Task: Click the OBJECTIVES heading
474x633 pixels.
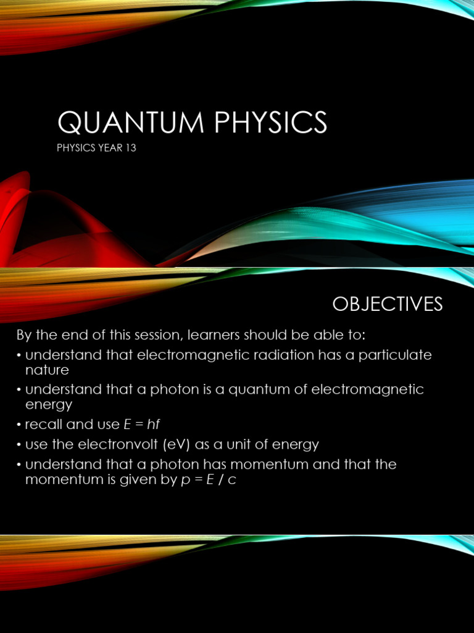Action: pyautogui.click(x=388, y=304)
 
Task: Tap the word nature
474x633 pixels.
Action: pyautogui.click(x=47, y=370)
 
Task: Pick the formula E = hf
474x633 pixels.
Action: pyautogui.click(x=148, y=425)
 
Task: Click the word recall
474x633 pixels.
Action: pyautogui.click(x=44, y=425)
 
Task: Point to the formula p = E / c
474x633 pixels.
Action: pyautogui.click(x=207, y=480)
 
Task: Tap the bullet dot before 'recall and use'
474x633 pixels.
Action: pyautogui.click(x=19, y=425)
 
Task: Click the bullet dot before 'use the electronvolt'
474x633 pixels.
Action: pyautogui.click(x=19, y=445)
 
